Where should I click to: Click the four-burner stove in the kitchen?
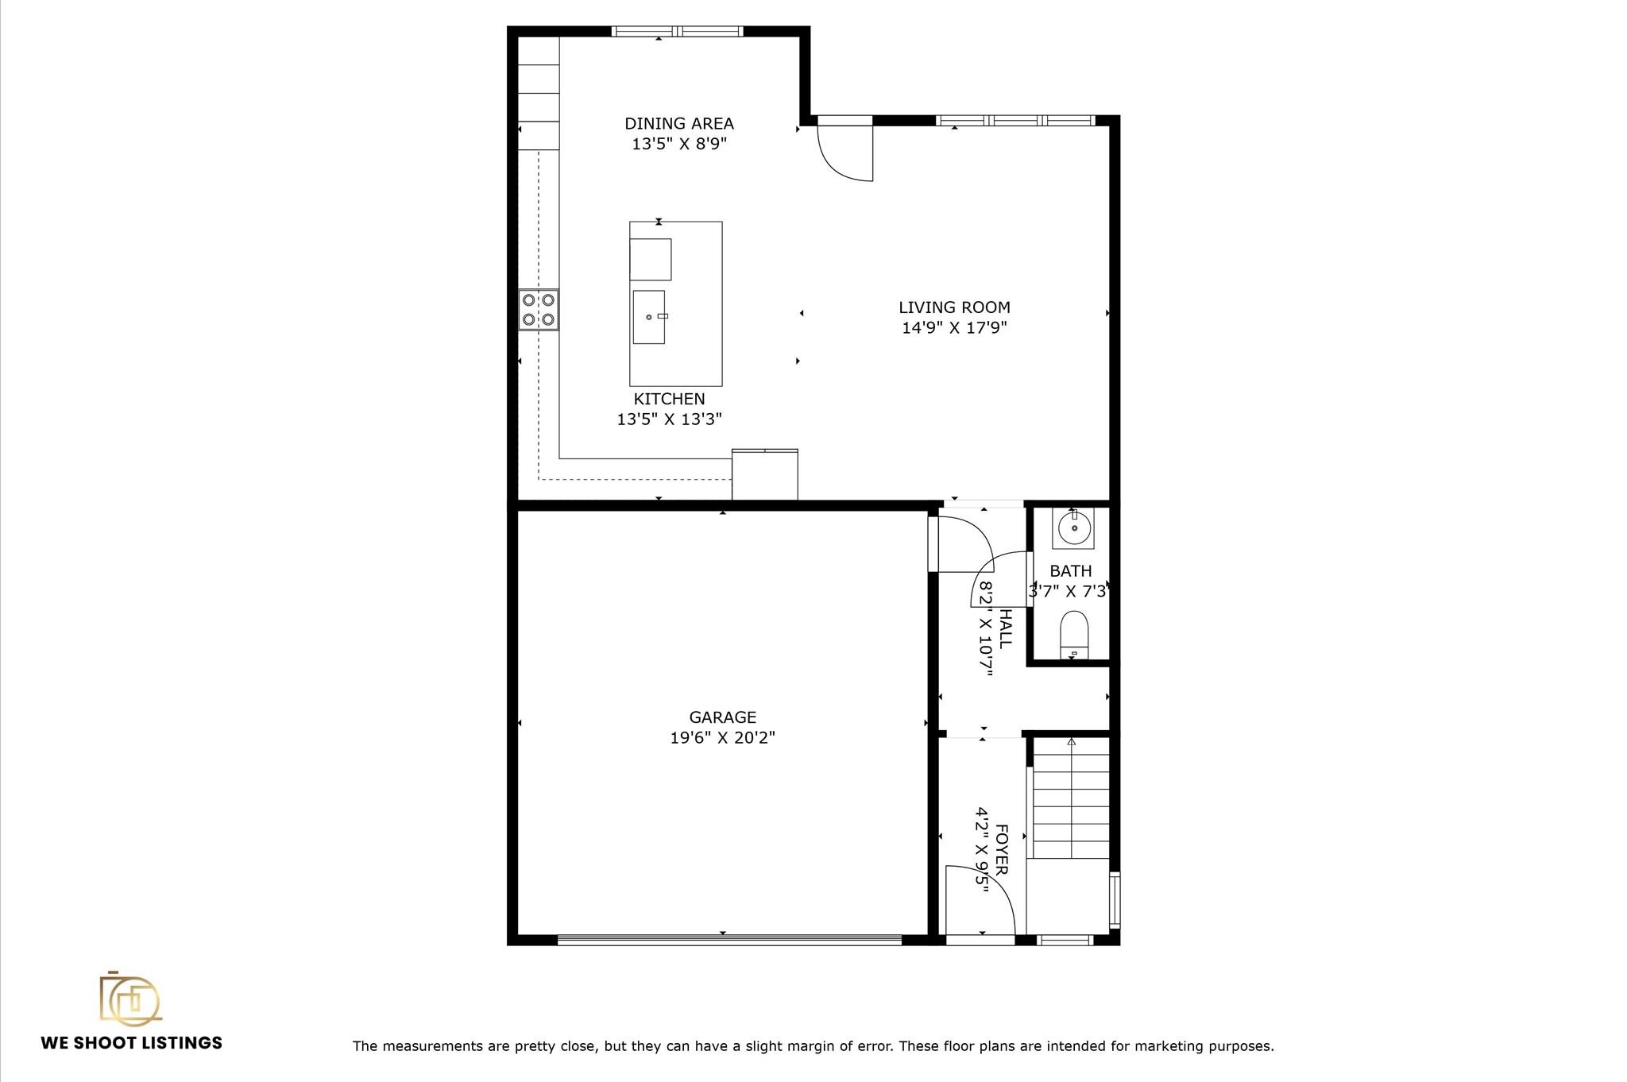pyautogui.click(x=539, y=310)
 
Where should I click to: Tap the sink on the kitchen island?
pyautogui.click(x=648, y=317)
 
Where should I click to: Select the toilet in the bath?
pyautogui.click(x=1073, y=633)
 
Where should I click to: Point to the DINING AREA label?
pyautogui.click(x=678, y=124)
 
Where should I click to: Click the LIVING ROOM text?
pyautogui.click(x=954, y=307)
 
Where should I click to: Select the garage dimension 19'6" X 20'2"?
pyautogui.click(x=722, y=738)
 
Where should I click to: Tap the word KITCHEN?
pyautogui.click(x=669, y=399)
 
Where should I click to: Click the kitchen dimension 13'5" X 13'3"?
pyautogui.click(x=669, y=419)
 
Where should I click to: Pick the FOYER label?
pyautogui.click(x=1003, y=849)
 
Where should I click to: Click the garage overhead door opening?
pyautogui.click(x=729, y=940)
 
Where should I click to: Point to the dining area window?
pyautogui.click(x=677, y=32)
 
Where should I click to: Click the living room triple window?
pyautogui.click(x=1016, y=121)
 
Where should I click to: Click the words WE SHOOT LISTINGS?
pyautogui.click(x=131, y=1043)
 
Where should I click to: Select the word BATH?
pyautogui.click(x=1070, y=571)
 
